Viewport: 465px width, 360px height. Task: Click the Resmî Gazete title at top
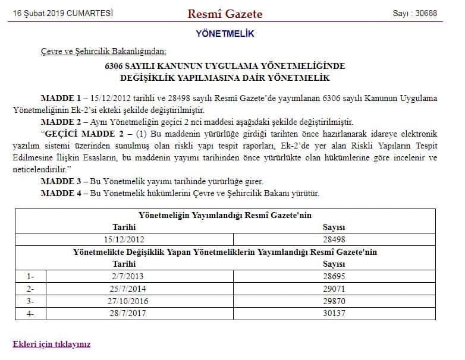tap(225, 14)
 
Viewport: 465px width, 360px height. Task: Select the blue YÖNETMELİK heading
tap(225, 34)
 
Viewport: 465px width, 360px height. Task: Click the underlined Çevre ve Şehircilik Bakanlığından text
tap(103, 52)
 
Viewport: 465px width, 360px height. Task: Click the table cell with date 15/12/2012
tap(124, 239)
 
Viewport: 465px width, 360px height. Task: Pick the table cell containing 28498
tap(334, 239)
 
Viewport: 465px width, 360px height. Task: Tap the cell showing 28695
tap(334, 276)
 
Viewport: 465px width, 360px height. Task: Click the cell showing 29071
tap(334, 289)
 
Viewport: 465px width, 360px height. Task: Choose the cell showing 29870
tap(334, 301)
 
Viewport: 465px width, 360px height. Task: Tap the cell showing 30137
tap(334, 314)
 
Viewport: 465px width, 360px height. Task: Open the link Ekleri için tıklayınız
tap(52, 344)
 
